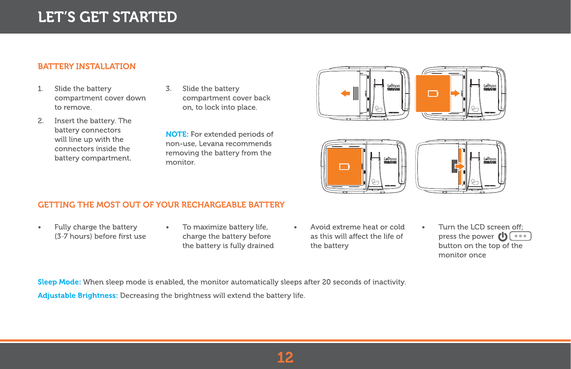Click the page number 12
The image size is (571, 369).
click(x=285, y=357)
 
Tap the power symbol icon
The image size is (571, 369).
click(x=502, y=236)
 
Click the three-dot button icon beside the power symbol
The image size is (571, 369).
click(x=520, y=236)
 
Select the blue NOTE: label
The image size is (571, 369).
click(x=177, y=134)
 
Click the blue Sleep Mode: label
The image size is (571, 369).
click(x=59, y=282)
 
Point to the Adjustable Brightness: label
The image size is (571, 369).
click(x=78, y=295)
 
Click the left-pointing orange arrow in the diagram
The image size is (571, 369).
click(x=345, y=94)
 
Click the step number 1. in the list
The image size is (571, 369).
click(x=40, y=89)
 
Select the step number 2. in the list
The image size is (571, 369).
click(x=40, y=121)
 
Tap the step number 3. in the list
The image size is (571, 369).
click(x=168, y=89)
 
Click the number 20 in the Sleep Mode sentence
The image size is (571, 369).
click(x=326, y=282)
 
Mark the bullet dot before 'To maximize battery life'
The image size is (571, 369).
click(x=168, y=227)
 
